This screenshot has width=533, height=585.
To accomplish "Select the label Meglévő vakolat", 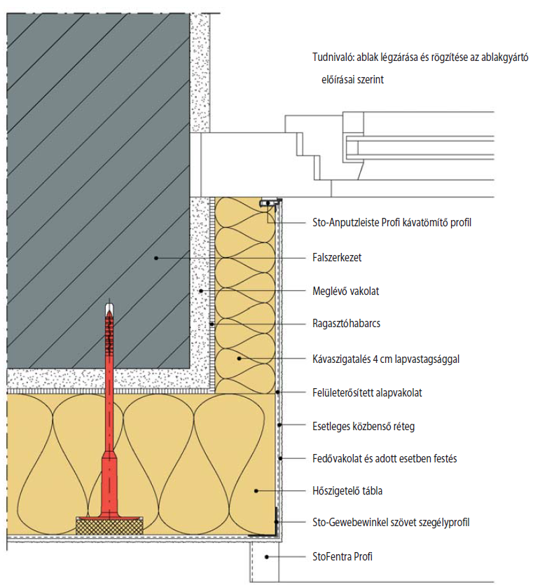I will [x=343, y=291].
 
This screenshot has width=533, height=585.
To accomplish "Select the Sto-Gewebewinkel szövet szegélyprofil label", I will [x=390, y=523].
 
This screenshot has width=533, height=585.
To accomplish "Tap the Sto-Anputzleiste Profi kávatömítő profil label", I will [x=392, y=224].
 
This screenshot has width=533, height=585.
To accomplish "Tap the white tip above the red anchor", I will [x=109, y=308].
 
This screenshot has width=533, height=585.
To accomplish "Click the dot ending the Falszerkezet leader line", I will [x=157, y=258].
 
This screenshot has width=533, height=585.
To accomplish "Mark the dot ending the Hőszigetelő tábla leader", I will [x=256, y=491].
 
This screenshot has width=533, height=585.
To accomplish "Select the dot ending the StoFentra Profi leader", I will [x=267, y=557].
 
